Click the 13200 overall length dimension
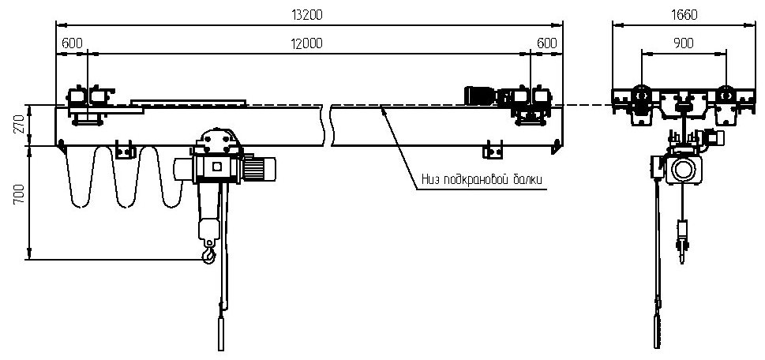pyautogui.click(x=307, y=15)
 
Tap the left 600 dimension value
pyautogui.click(x=70, y=44)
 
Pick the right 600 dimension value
pyautogui.click(x=546, y=44)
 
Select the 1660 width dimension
pyautogui.click(x=684, y=15)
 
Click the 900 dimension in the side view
pyautogui.click(x=683, y=44)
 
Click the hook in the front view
pyautogui.click(x=208, y=255)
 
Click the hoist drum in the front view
pyautogui.click(x=216, y=167)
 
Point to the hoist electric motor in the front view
pyautogui.click(x=258, y=167)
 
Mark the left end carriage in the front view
pyautogui.click(x=86, y=105)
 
